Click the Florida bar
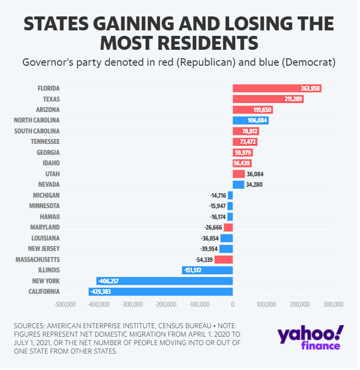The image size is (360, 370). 276,88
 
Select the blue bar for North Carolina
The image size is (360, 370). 250,121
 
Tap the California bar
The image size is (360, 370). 161,292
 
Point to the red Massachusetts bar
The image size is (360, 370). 224,259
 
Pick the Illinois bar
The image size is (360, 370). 208,270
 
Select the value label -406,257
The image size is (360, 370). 109,281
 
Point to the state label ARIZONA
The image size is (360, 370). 48,110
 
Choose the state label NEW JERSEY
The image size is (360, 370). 43,249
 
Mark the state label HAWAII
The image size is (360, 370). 50,217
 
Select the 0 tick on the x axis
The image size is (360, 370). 233,304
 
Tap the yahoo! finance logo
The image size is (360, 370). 309,337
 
